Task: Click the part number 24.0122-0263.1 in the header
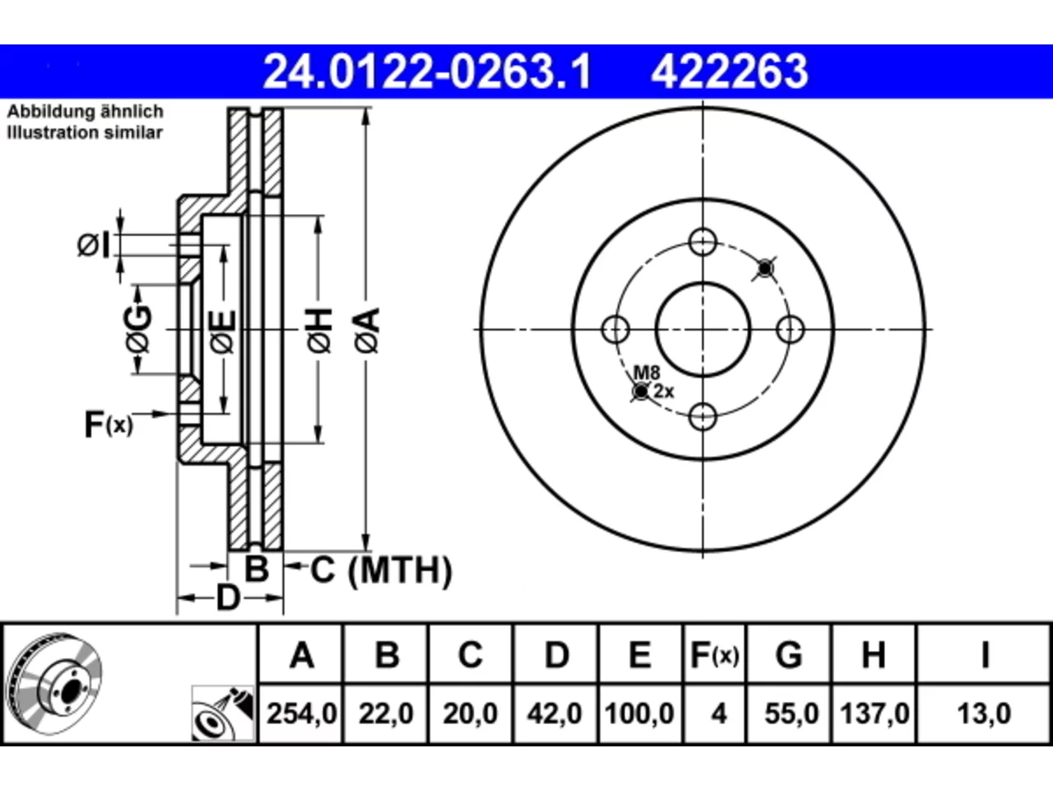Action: point(427,72)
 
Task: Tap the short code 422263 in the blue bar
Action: point(730,72)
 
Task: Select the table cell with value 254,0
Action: point(301,713)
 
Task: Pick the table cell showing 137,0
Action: point(874,713)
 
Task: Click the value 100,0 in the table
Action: point(639,713)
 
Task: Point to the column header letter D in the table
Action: point(556,655)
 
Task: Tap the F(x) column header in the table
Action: point(714,655)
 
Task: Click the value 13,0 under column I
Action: point(984,713)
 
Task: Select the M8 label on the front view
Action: point(647,372)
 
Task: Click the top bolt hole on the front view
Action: point(703,242)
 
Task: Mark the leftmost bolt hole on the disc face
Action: point(615,329)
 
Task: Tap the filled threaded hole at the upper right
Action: point(765,267)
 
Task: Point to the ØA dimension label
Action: point(368,331)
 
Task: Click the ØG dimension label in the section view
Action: point(138,329)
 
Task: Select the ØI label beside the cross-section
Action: point(93,244)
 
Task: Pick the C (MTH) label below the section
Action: point(381,570)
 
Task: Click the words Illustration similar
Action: point(85,132)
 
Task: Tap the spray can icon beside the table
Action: point(223,713)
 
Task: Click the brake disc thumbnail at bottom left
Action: point(53,684)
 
